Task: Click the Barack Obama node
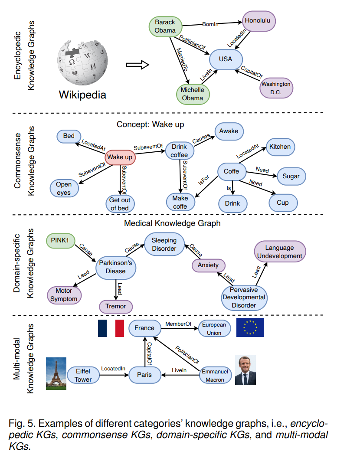[x=165, y=26]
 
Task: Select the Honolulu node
[x=259, y=21]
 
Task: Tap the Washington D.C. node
[x=276, y=88]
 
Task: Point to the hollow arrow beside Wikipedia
[x=137, y=65]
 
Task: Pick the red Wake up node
[x=120, y=157]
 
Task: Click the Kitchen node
[x=280, y=147]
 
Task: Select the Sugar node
[x=291, y=176]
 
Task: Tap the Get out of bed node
[x=120, y=204]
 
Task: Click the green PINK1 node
[x=60, y=240]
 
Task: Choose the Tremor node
[x=116, y=306]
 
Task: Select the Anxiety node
[x=208, y=265]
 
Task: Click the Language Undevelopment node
[x=280, y=252]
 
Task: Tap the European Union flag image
[x=250, y=327]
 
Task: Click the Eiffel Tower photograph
[x=56, y=373]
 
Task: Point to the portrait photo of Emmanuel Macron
[x=245, y=370]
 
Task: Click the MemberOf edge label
[x=178, y=324]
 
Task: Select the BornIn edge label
[x=210, y=24]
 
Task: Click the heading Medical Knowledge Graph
[x=172, y=223]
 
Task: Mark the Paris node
[x=144, y=375]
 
